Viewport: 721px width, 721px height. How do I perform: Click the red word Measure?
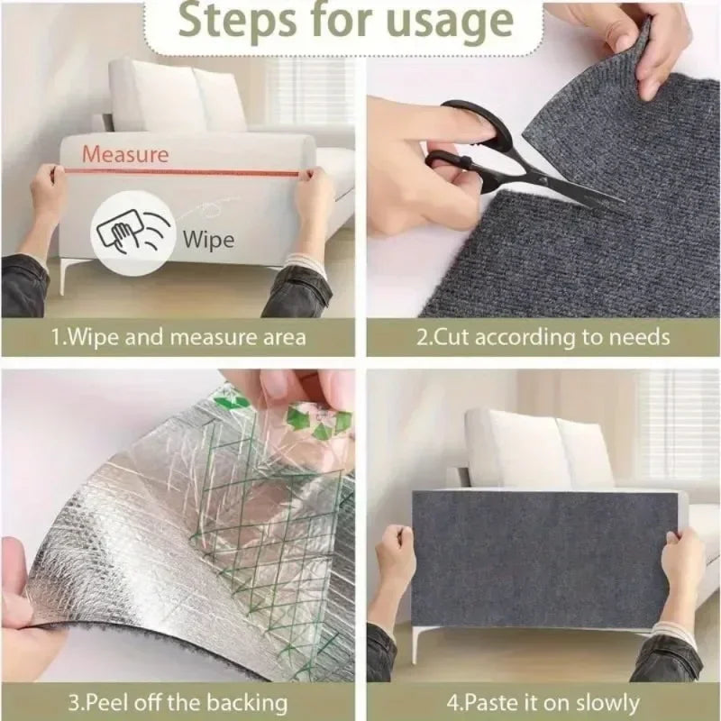(x=125, y=154)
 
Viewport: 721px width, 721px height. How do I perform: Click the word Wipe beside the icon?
(x=208, y=239)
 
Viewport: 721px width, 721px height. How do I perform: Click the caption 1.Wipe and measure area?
(x=178, y=338)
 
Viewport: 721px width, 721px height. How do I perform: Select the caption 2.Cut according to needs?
(x=543, y=338)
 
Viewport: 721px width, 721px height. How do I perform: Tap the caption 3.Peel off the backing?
(x=178, y=702)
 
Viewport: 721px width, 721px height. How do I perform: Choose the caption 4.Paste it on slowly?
(x=543, y=702)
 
